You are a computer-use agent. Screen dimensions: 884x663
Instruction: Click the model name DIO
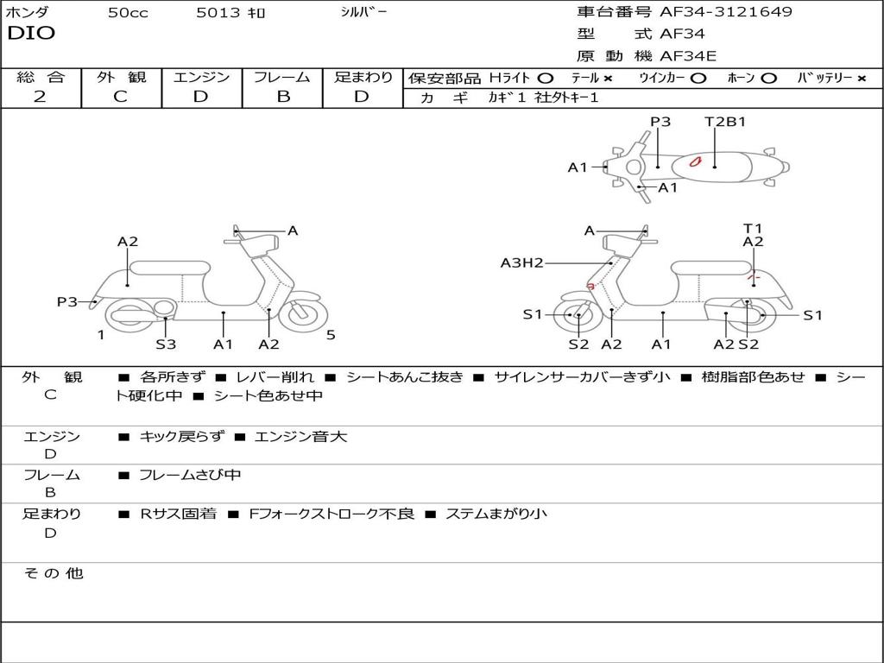pos(31,34)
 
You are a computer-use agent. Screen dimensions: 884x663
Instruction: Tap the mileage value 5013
pos(213,13)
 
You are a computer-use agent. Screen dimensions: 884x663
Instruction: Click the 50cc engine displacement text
pos(128,13)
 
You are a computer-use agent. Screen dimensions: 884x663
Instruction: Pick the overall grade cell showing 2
pos(40,97)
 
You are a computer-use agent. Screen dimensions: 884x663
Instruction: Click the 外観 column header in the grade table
pos(121,78)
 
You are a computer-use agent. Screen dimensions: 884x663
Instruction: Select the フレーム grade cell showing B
pos(283,97)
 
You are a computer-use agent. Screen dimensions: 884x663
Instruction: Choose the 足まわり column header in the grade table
pos(363,78)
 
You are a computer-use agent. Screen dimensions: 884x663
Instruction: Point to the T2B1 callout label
pos(725,122)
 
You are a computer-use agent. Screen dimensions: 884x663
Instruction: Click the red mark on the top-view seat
pos(695,161)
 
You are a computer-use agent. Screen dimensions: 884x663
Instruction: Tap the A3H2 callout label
pos(521,262)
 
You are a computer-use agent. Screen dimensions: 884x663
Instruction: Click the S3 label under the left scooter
pos(166,344)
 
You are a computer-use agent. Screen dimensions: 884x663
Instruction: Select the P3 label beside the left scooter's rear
pos(67,301)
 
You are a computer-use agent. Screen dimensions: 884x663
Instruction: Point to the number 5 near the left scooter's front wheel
pos(331,335)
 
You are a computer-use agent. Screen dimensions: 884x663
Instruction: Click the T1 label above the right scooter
pos(753,228)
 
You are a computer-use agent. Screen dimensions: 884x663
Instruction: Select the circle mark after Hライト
pos(545,78)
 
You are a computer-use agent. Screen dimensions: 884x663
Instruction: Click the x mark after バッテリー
pos(862,78)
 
